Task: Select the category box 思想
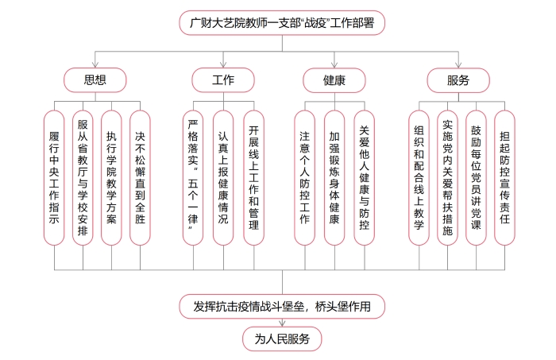tap(95, 79)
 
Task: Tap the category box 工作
tap(223, 79)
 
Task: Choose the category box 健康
tap(334, 79)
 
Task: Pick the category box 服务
tap(458, 79)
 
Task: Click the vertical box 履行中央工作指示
tap(55, 177)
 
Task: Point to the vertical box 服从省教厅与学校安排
tap(83, 177)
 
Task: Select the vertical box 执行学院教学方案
tap(111, 177)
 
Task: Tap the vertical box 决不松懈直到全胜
tap(140, 177)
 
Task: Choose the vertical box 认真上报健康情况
tap(223, 177)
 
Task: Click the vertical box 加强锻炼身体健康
tap(334, 177)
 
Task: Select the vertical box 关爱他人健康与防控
tap(365, 177)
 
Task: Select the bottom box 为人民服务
tap(276, 339)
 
